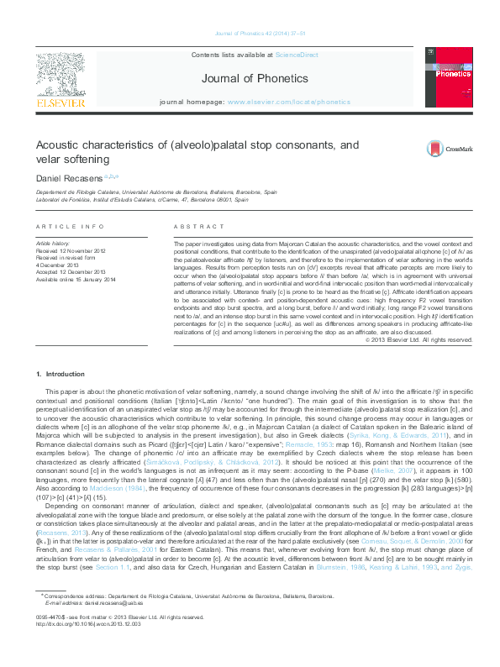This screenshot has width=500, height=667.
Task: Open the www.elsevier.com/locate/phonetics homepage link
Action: click(x=288, y=101)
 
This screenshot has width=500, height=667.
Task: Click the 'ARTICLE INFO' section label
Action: click(x=71, y=227)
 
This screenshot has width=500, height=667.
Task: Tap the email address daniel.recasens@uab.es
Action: click(x=102, y=627)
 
